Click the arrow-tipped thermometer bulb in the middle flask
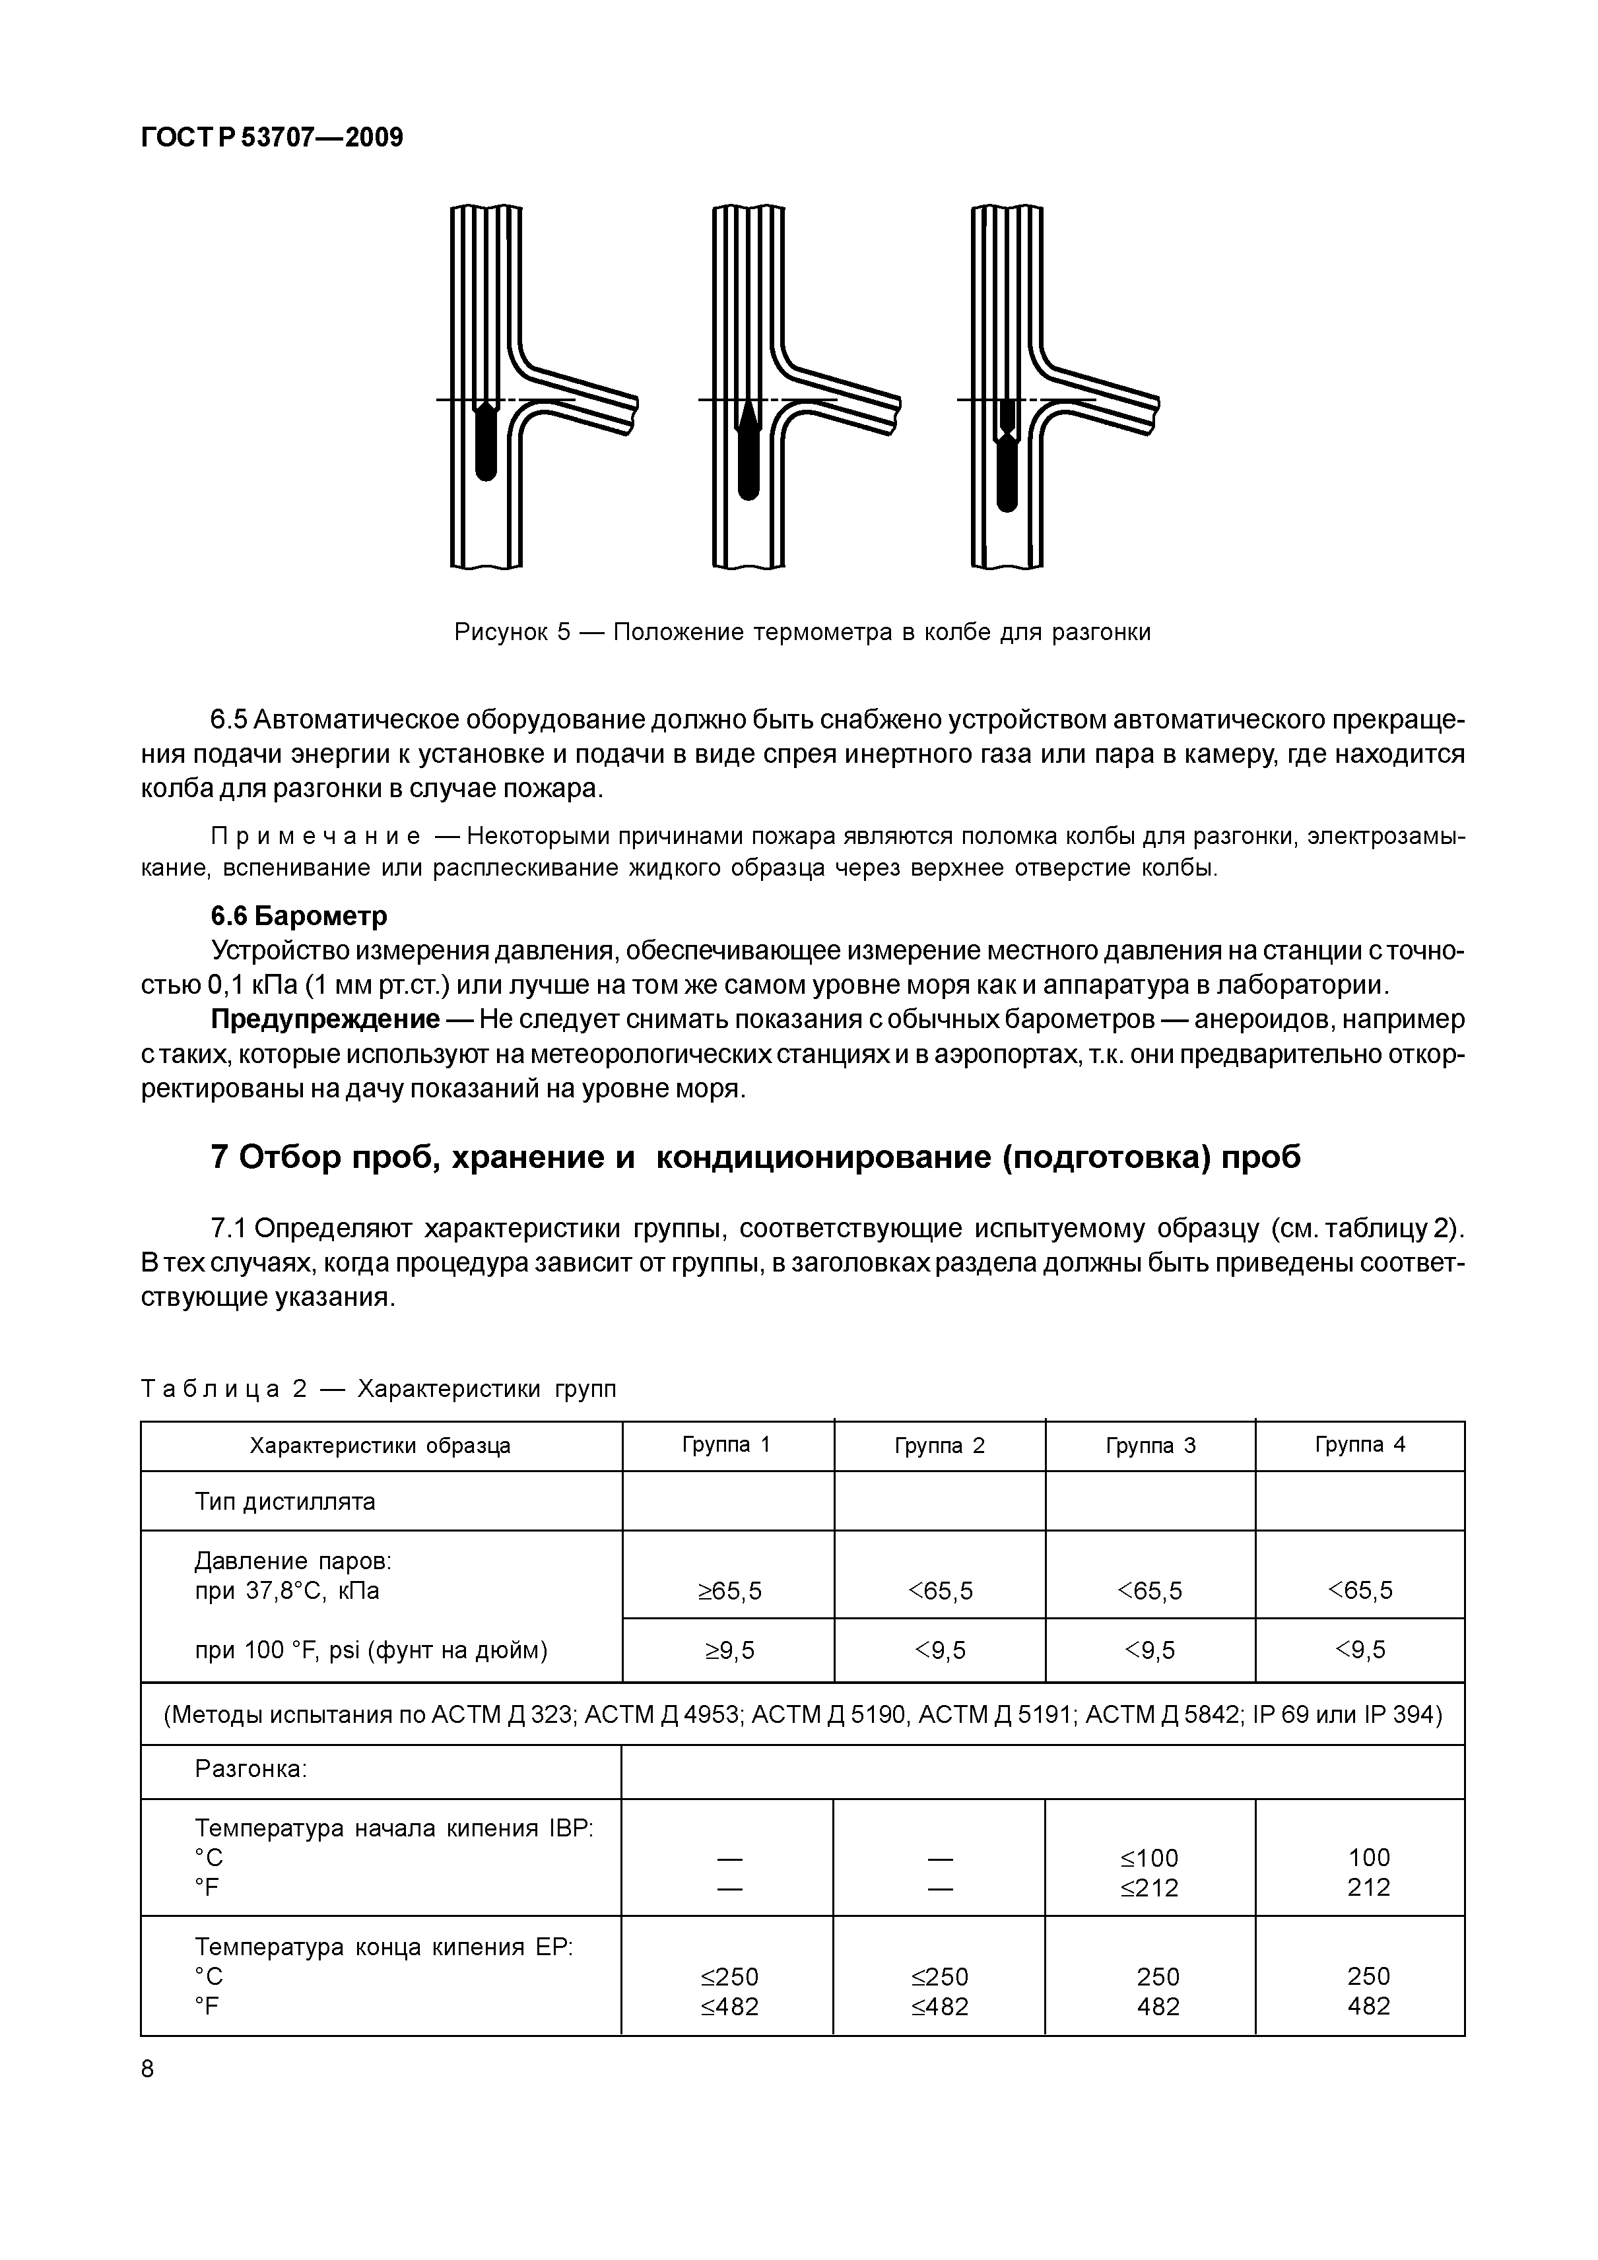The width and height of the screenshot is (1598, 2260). coord(749,448)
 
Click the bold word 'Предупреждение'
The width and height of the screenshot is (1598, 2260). coord(325,1019)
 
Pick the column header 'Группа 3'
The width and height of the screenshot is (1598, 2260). coord(1150,1446)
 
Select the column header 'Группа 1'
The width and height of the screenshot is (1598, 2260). coord(727,1445)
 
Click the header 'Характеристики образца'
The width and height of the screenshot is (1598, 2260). coord(380,1446)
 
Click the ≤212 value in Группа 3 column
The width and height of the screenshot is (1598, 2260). coord(1149,1888)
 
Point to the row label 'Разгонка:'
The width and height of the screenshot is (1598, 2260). coord(251,1770)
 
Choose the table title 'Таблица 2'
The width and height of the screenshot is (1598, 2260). coord(224,1389)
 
